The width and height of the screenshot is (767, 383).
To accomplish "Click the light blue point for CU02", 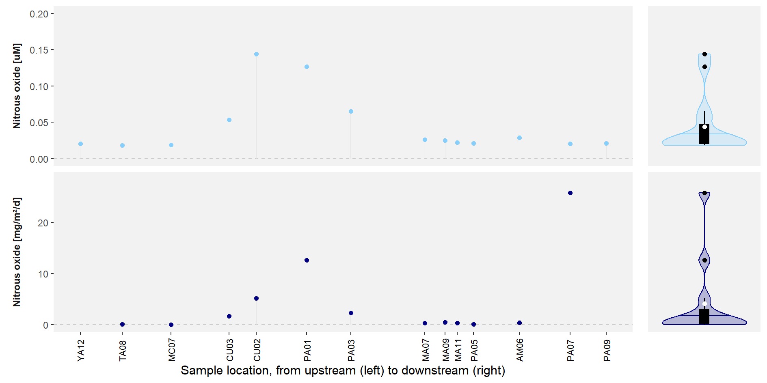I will pyautogui.click(x=256, y=54).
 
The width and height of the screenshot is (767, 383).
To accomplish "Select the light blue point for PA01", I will pyautogui.click(x=307, y=67).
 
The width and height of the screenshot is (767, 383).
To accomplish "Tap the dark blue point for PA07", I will pyautogui.click(x=570, y=193).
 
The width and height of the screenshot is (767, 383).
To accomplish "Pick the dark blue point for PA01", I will pyautogui.click(x=307, y=260).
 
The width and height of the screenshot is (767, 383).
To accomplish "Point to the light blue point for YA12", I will pyautogui.click(x=80, y=144).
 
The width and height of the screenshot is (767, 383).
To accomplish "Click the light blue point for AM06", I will pyautogui.click(x=519, y=138).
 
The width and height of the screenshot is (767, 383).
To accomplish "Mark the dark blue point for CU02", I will pyautogui.click(x=256, y=299).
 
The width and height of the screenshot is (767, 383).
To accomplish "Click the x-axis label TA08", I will pyautogui.click(x=123, y=351).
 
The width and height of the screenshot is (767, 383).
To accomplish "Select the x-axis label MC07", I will pyautogui.click(x=172, y=351).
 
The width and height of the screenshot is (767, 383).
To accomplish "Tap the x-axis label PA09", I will pyautogui.click(x=607, y=351).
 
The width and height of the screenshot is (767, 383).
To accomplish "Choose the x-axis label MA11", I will pyautogui.click(x=458, y=351).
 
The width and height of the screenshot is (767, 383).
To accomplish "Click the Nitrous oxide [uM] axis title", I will pyautogui.click(x=17, y=86).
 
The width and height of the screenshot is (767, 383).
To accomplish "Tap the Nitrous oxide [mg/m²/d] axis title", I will pyautogui.click(x=17, y=252).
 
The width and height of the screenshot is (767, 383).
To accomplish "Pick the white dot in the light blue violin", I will pyautogui.click(x=704, y=127).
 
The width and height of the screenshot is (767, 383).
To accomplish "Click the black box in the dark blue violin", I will pyautogui.click(x=704, y=316).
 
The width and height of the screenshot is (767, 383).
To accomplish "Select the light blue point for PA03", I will pyautogui.click(x=351, y=112).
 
